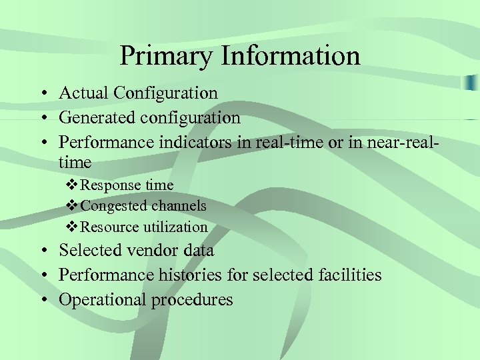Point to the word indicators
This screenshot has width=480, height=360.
click(190, 143)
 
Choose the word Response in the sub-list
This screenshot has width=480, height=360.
click(109, 185)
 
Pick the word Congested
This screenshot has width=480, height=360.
click(113, 206)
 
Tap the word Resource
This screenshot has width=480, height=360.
click(109, 227)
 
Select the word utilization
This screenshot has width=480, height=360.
click(175, 227)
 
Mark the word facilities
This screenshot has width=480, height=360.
click(346, 275)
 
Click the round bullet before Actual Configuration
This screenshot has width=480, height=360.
click(43, 94)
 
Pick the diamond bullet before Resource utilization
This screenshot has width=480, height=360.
click(73, 227)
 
